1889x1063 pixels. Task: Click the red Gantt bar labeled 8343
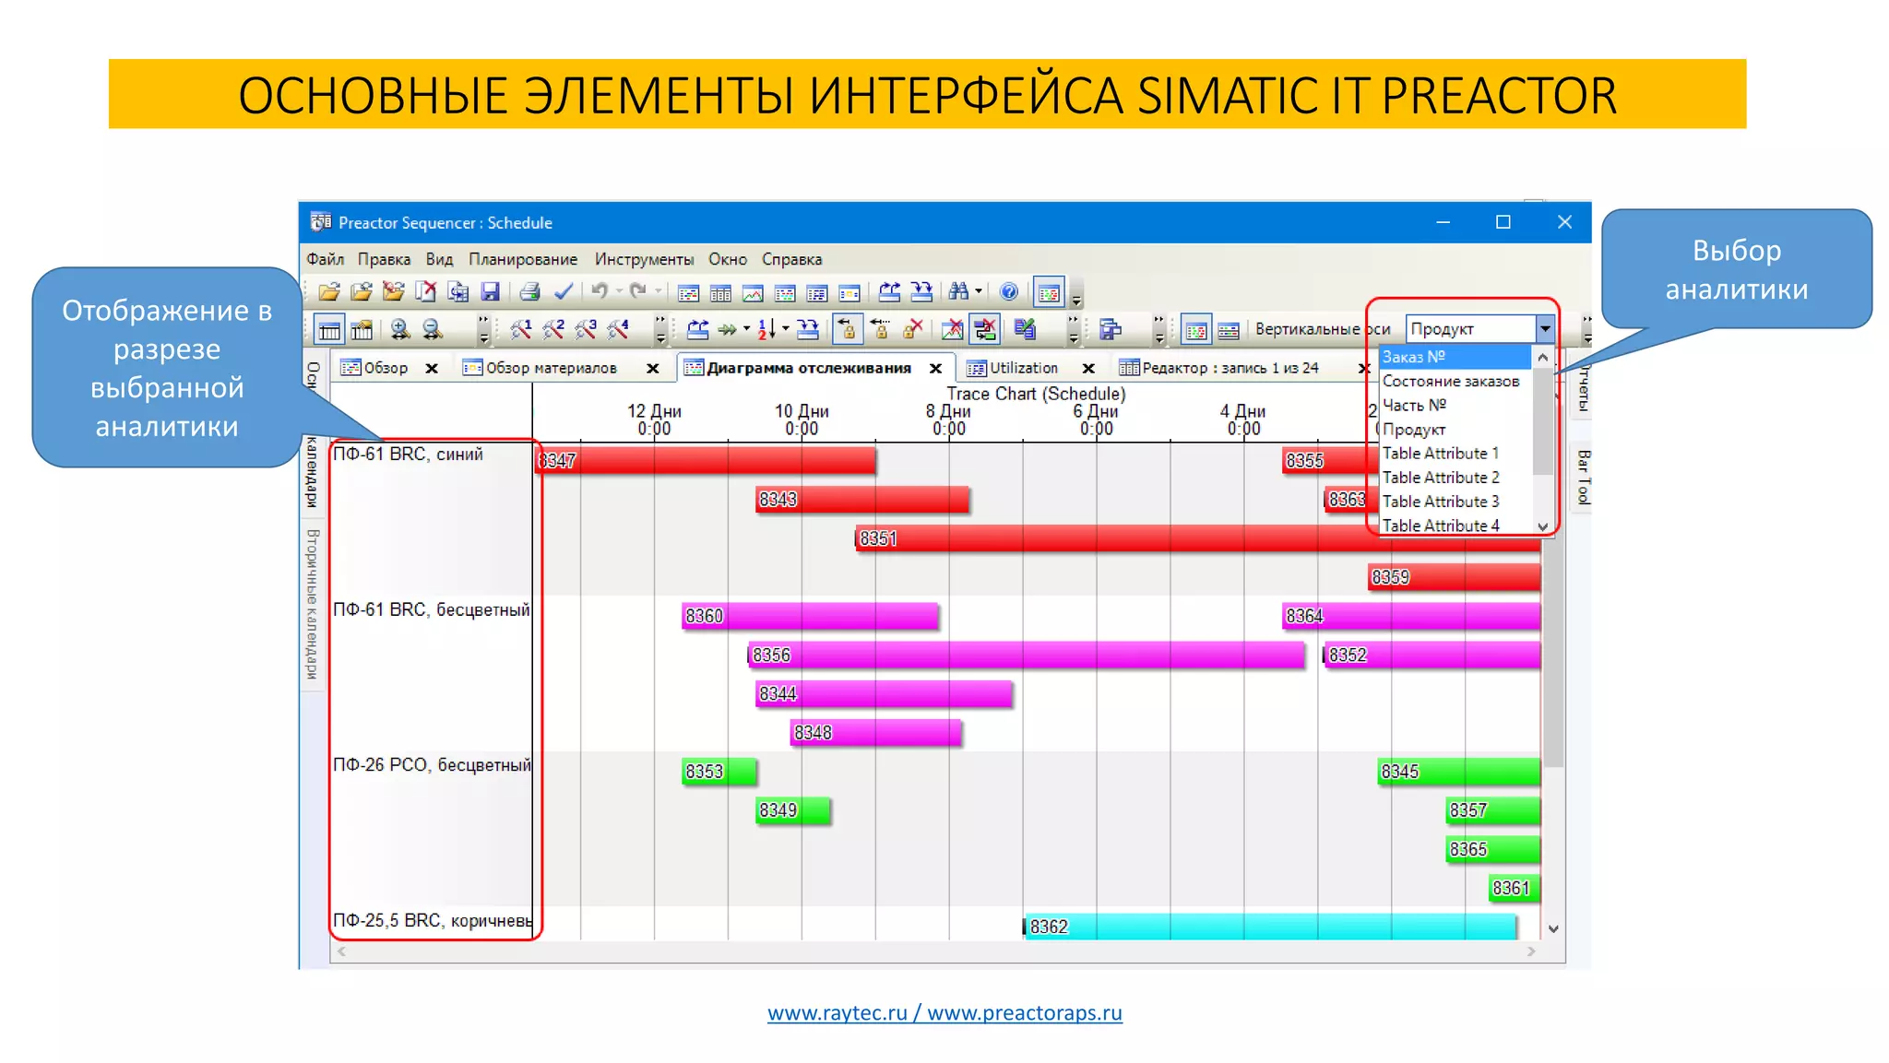[x=862, y=500]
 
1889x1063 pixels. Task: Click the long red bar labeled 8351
[x=1107, y=538]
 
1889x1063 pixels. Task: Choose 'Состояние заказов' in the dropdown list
[x=1450, y=382]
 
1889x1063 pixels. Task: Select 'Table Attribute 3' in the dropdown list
[x=1440, y=502]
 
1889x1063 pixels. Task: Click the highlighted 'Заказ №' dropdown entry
[x=1453, y=357]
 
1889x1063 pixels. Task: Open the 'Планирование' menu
[x=522, y=260]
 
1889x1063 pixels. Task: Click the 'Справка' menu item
[x=791, y=260]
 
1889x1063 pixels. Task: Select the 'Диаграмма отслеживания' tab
[x=808, y=368]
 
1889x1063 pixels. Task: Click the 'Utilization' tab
[x=1023, y=368]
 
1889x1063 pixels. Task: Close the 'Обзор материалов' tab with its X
[x=653, y=369]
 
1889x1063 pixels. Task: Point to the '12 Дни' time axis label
[x=654, y=412]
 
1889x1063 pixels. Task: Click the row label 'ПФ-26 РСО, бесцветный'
[x=432, y=765]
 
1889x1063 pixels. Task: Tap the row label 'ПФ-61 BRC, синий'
[x=408, y=455]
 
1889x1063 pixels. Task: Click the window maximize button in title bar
[x=1503, y=222]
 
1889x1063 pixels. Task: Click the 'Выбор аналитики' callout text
[x=1736, y=269]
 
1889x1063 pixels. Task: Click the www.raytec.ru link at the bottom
[x=837, y=1013]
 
